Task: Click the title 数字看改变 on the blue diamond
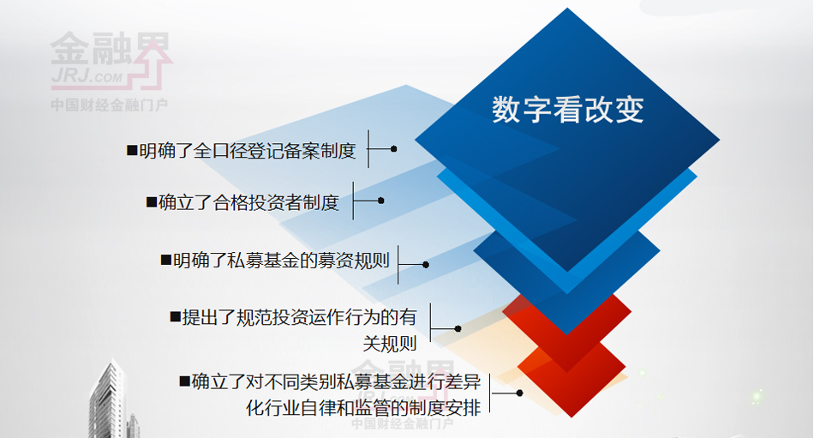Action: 567,111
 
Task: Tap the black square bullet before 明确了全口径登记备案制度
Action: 131,151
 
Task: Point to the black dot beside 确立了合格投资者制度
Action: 380,201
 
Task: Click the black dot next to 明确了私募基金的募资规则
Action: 426,265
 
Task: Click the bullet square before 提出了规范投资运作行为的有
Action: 174,316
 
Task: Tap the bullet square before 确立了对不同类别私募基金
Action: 183,381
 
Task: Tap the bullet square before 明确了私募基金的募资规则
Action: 165,260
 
